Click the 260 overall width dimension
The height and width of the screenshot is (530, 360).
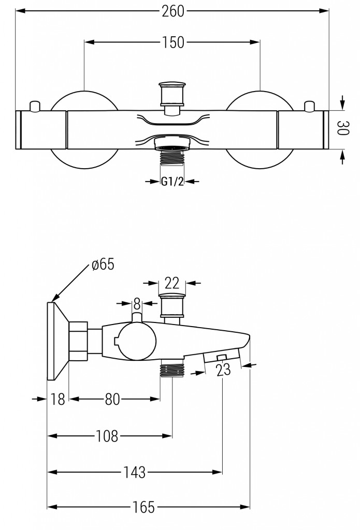[172, 11]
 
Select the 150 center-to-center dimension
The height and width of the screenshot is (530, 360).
[172, 43]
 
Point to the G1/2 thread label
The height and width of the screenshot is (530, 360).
[172, 181]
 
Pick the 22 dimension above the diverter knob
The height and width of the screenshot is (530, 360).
[172, 283]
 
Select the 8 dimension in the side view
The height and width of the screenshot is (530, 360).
[137, 303]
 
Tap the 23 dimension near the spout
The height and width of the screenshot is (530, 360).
[223, 370]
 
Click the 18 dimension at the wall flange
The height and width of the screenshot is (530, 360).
[59, 399]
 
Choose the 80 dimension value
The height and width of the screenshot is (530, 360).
[113, 399]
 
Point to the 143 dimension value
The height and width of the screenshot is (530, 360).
[135, 472]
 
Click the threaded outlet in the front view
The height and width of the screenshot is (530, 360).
[172, 156]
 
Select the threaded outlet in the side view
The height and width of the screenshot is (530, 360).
[172, 371]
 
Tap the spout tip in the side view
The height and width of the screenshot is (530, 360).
[247, 341]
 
